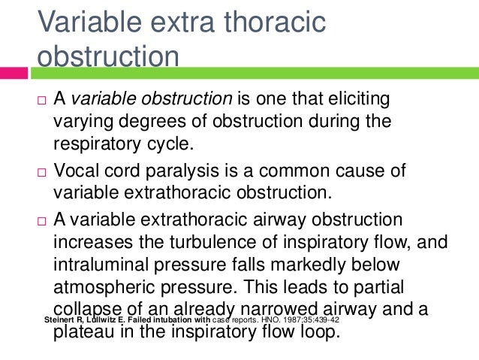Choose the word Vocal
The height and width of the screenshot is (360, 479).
click(77, 168)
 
